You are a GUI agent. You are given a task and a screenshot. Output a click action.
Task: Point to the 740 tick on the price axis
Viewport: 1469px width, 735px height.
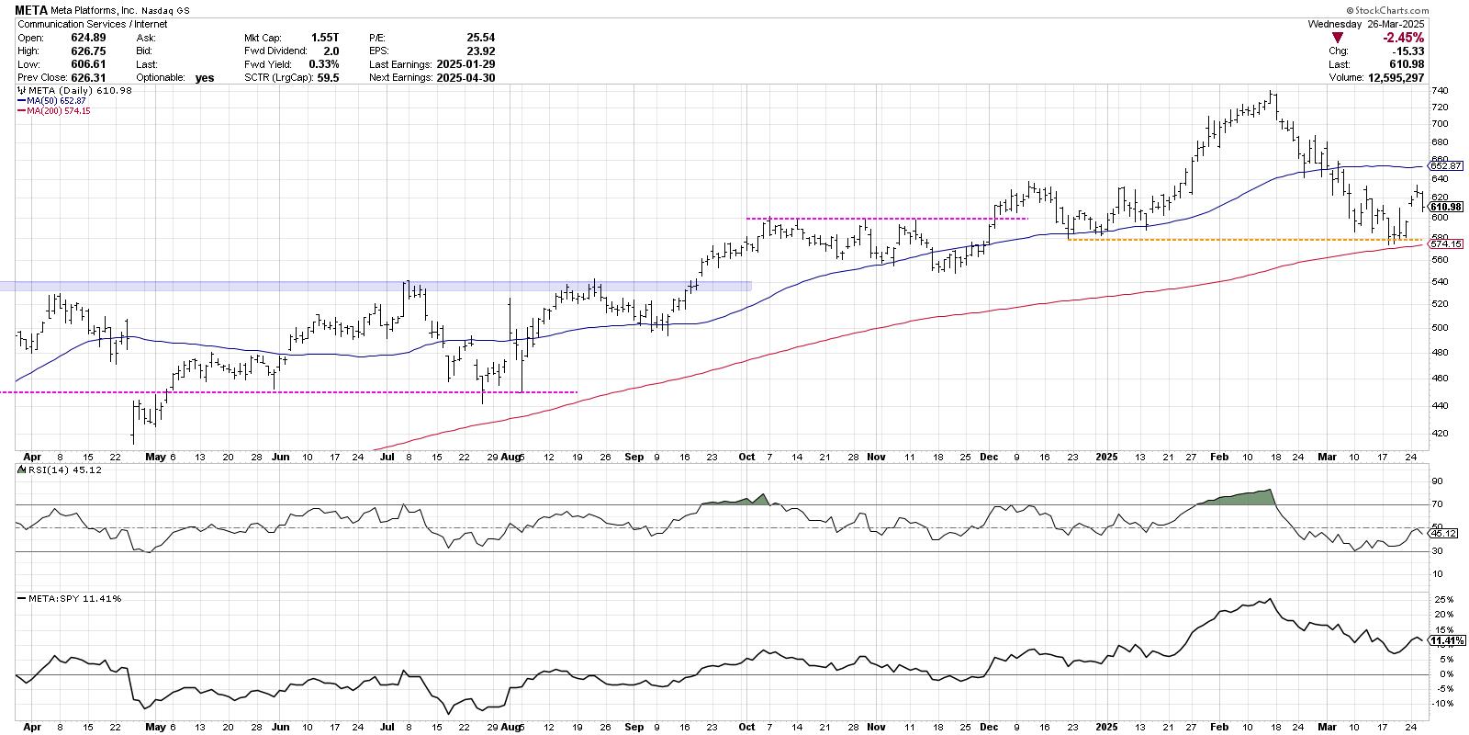1440,91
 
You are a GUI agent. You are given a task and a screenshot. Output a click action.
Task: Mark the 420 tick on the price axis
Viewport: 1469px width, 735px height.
1440,433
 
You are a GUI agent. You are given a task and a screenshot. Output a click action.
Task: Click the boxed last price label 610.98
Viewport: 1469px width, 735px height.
1446,206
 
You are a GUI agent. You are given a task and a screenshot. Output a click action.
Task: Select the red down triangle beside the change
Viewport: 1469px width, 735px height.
1338,38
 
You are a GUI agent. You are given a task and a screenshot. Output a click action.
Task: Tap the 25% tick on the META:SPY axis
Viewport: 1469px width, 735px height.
1441,599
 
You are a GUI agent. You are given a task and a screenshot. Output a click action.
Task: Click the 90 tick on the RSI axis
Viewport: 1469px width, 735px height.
1437,481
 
